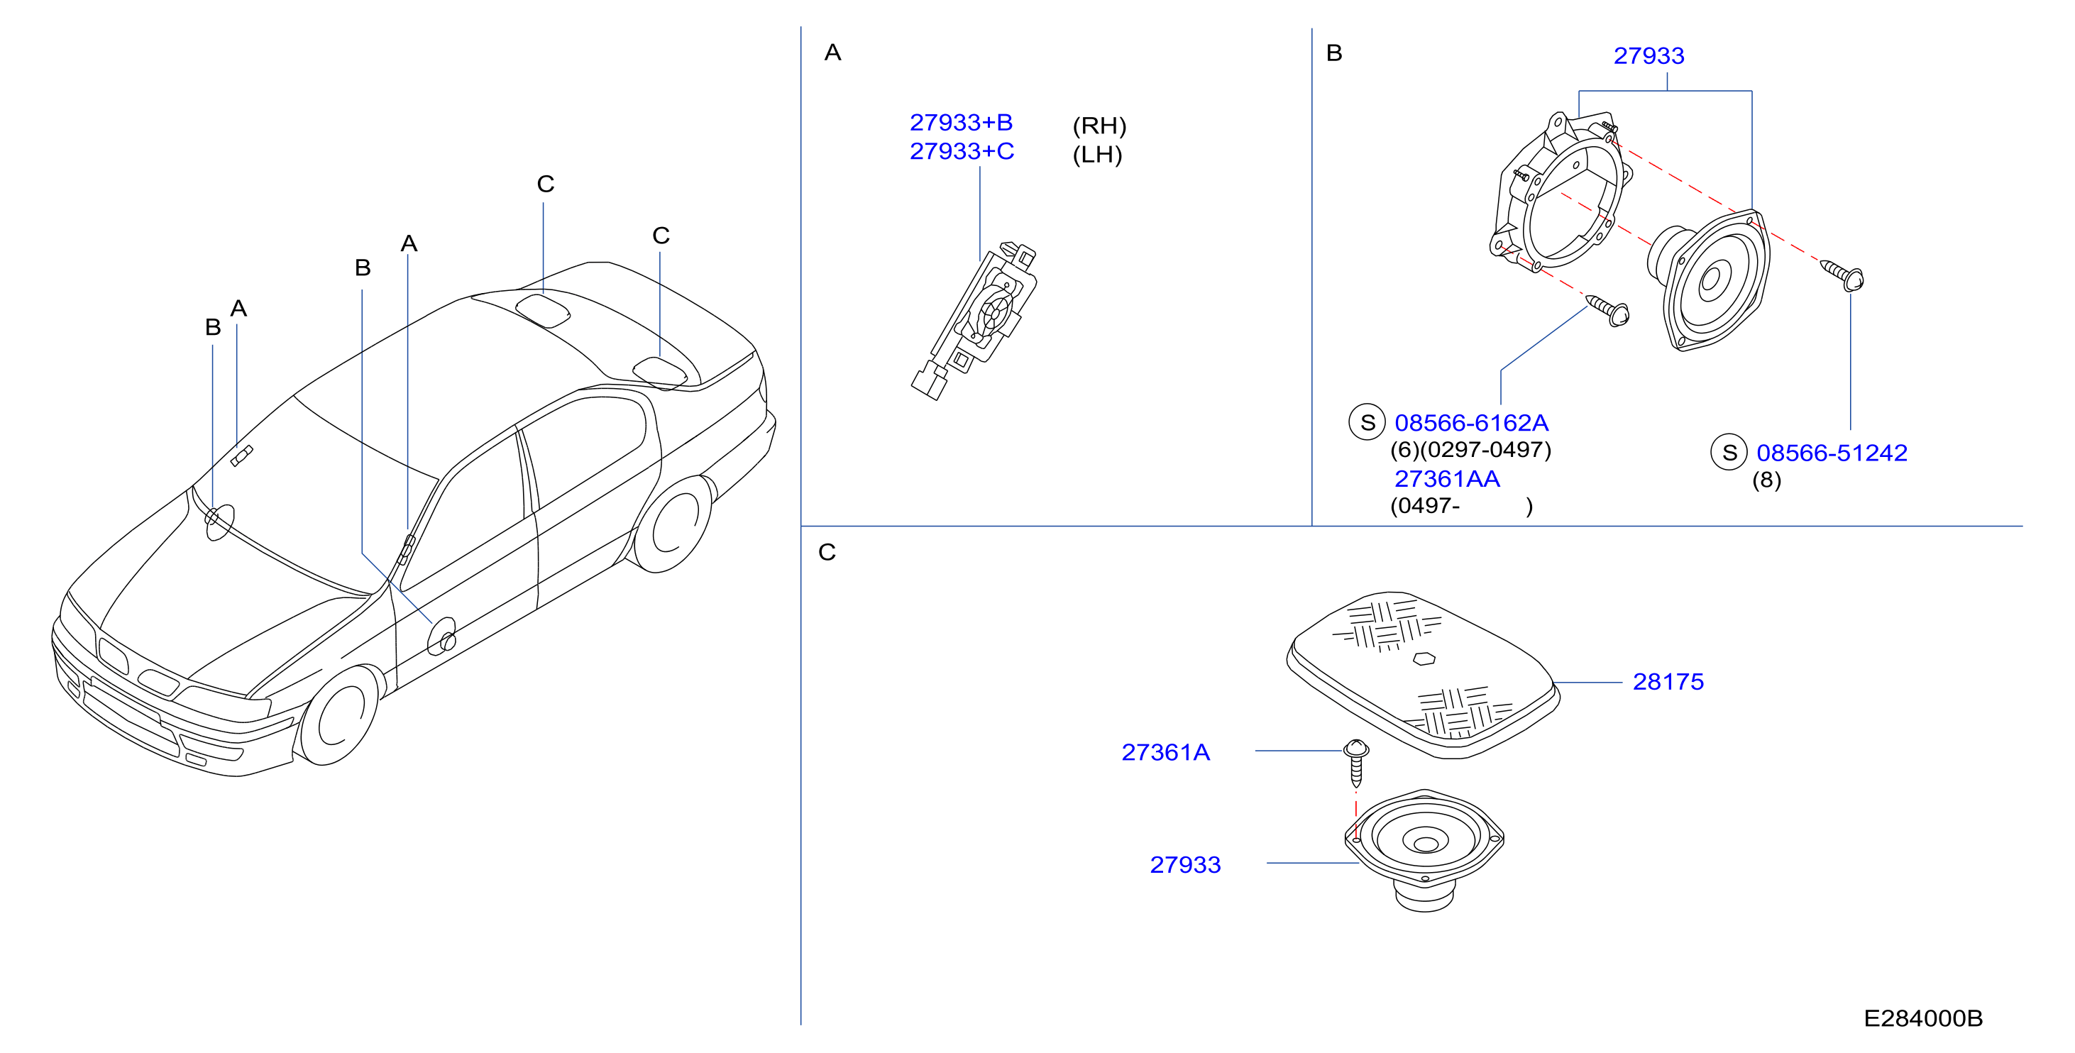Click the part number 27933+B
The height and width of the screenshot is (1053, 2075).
click(x=960, y=123)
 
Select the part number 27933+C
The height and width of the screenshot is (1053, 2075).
click(x=961, y=151)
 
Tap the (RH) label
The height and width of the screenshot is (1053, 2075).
click(x=1099, y=126)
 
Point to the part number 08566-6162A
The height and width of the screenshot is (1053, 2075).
click(x=1471, y=423)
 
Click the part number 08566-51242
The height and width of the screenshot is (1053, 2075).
click(x=1831, y=453)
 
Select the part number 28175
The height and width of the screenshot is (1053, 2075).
click(x=1668, y=682)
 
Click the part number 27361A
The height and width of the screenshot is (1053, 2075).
click(x=1165, y=752)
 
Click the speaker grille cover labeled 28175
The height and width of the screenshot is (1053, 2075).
click(x=1423, y=675)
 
